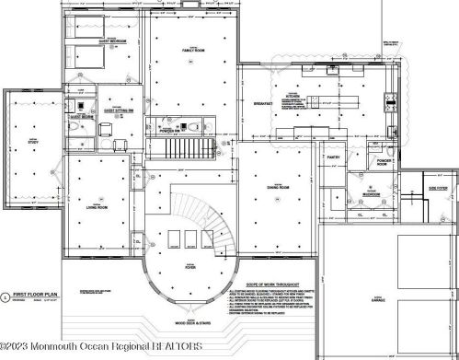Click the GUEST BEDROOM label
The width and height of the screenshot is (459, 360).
click(112, 42)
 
